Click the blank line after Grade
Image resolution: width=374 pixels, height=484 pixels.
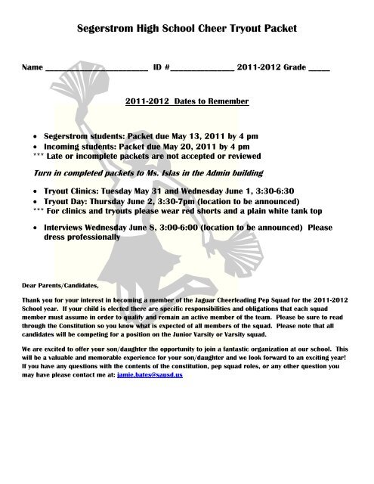click(x=319, y=68)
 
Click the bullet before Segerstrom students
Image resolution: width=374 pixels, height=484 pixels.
click(x=37, y=130)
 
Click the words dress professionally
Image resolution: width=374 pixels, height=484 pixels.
click(x=82, y=236)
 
